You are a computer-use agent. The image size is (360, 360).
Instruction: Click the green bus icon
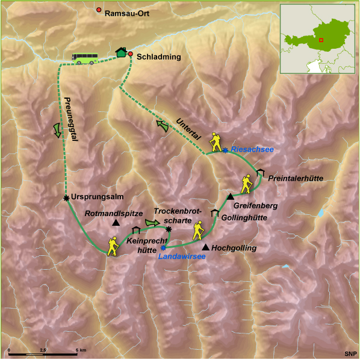85,58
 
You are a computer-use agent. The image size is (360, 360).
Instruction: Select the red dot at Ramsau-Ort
99,10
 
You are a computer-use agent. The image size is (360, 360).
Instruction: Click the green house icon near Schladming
122,52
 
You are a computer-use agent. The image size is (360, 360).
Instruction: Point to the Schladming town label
158,55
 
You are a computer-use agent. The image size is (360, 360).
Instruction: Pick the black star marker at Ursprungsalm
66,197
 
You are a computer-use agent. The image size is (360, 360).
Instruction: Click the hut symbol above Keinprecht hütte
135,229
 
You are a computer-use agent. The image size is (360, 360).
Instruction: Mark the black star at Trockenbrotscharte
169,229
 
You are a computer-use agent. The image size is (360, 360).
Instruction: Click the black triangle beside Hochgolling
206,247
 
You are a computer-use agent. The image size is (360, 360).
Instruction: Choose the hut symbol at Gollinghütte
214,213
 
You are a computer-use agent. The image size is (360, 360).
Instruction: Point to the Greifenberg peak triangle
230,196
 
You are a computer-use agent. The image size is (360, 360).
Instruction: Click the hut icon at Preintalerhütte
259,173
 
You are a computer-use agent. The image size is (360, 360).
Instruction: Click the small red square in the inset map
321,40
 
